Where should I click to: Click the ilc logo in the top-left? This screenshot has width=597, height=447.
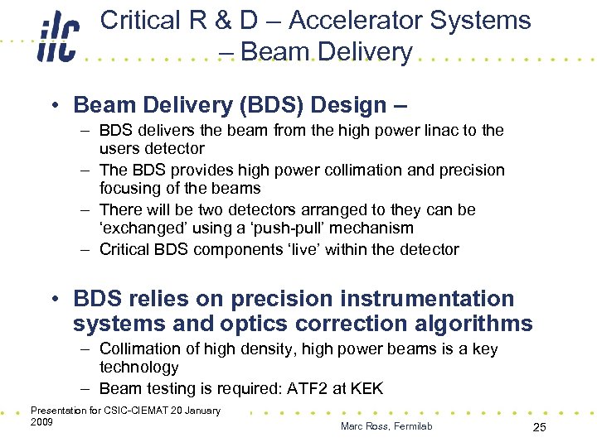pyautogui.click(x=57, y=39)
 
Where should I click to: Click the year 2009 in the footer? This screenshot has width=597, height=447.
pyautogui.click(x=41, y=422)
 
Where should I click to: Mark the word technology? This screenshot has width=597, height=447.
pyautogui.click(x=138, y=367)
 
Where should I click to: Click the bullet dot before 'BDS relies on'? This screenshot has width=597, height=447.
pyautogui.click(x=54, y=299)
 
